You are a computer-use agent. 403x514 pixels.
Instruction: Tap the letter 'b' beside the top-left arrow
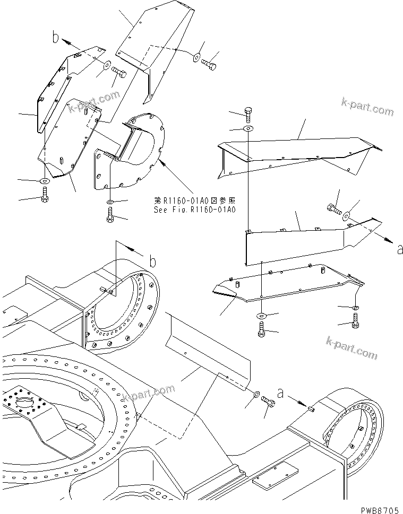[55, 37]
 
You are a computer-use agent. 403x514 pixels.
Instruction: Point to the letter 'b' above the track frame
[152, 260]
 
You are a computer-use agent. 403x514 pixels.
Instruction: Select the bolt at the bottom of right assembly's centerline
[261, 333]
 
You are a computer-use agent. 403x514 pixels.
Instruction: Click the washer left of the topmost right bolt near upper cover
[196, 56]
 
